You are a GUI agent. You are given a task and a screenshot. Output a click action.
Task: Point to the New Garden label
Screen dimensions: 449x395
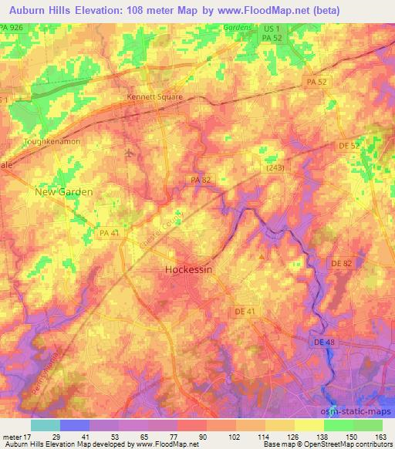coord(64,191)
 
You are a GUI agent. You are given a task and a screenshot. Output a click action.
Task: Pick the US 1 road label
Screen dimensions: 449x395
coord(269,28)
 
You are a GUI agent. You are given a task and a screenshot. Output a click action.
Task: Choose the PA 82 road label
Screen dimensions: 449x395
coord(201,180)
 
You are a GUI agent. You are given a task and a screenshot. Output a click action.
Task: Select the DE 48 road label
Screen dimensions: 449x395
coord(324,342)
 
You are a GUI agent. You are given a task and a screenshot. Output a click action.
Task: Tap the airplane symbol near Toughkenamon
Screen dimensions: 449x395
coord(128,151)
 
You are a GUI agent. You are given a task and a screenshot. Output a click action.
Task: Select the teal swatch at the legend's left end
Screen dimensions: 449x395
coord(45,425)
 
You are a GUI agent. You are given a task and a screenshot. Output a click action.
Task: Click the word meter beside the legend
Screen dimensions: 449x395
coord(15,436)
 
